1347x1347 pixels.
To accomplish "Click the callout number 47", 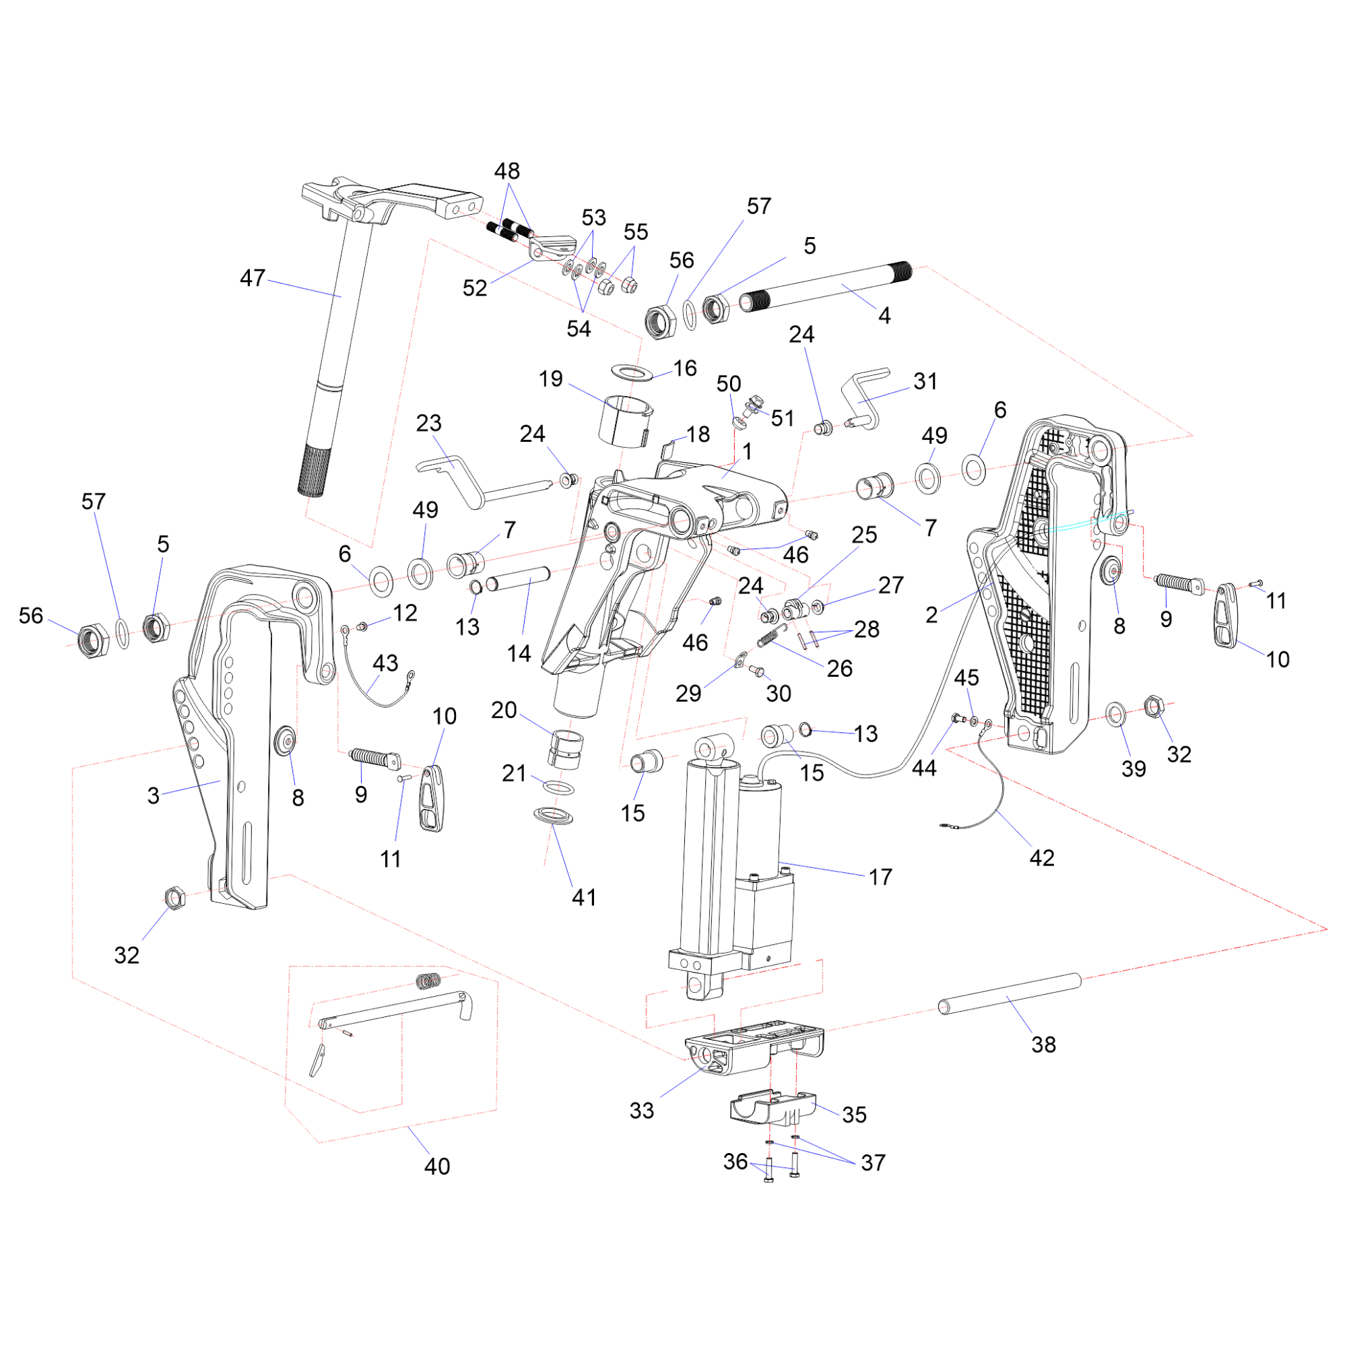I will point(253,278).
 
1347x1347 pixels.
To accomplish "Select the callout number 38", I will point(1043,1045).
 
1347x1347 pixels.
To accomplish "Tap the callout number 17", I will point(880,877).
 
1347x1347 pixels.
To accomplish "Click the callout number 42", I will point(1042,857).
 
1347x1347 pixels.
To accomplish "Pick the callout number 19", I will point(550,379).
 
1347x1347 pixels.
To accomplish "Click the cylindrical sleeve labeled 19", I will point(625,420).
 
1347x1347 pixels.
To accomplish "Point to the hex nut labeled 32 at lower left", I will point(174,897).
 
